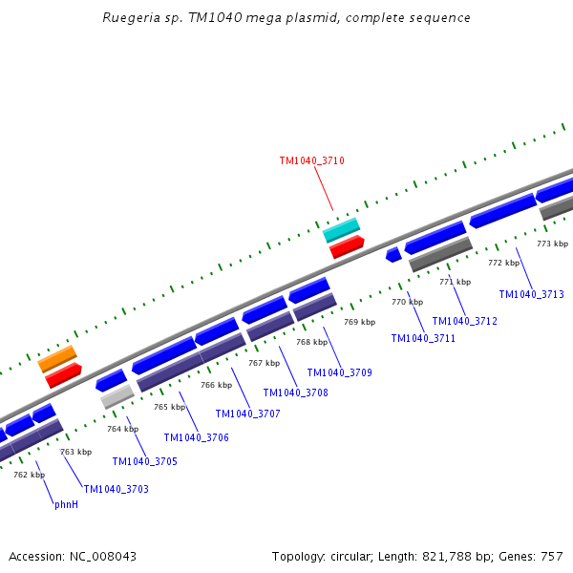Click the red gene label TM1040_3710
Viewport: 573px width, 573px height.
(x=311, y=161)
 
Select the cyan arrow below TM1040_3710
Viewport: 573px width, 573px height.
(x=341, y=229)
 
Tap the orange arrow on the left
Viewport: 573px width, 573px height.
(x=57, y=359)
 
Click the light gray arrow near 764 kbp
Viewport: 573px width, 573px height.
(x=117, y=395)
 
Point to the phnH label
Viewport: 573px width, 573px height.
(x=66, y=504)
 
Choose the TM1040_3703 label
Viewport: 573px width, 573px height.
(x=116, y=489)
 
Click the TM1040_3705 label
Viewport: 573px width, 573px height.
(x=144, y=462)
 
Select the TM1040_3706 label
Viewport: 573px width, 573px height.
(x=196, y=437)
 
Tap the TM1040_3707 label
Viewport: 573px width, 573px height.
(x=247, y=414)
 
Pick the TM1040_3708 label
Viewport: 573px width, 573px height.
(x=295, y=393)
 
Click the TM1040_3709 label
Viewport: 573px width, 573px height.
(x=339, y=372)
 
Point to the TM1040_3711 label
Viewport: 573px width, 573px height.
(x=423, y=338)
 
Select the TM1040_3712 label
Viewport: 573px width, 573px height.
(x=464, y=321)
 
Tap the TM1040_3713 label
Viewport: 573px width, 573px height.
(x=531, y=294)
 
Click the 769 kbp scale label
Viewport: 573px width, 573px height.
(x=360, y=323)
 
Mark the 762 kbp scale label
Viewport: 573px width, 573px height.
(x=29, y=475)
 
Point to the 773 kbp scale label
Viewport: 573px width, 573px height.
(x=552, y=244)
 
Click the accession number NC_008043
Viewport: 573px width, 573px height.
(x=102, y=556)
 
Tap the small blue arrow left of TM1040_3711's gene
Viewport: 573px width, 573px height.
(x=393, y=254)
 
